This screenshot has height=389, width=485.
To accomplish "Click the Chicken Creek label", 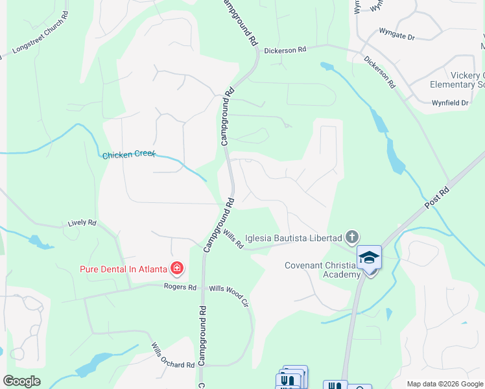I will pos(126,155).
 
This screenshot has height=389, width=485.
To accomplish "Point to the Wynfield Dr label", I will pos(450,103).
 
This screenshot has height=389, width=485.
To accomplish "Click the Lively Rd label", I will pos(82,223).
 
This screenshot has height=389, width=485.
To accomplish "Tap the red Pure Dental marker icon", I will pos(176,268).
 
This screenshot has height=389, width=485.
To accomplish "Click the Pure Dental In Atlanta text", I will pos(123,268).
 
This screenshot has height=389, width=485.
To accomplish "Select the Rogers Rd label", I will pos(180,287).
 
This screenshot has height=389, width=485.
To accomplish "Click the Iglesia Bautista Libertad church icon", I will pos(351,237).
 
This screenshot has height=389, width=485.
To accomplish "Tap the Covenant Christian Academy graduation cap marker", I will pos(369,257).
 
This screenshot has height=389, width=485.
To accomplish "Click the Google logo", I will pos(21,381).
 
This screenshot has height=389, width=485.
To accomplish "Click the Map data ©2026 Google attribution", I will pos(444,384).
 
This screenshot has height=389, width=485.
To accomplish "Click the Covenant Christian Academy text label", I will pos(322,270).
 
